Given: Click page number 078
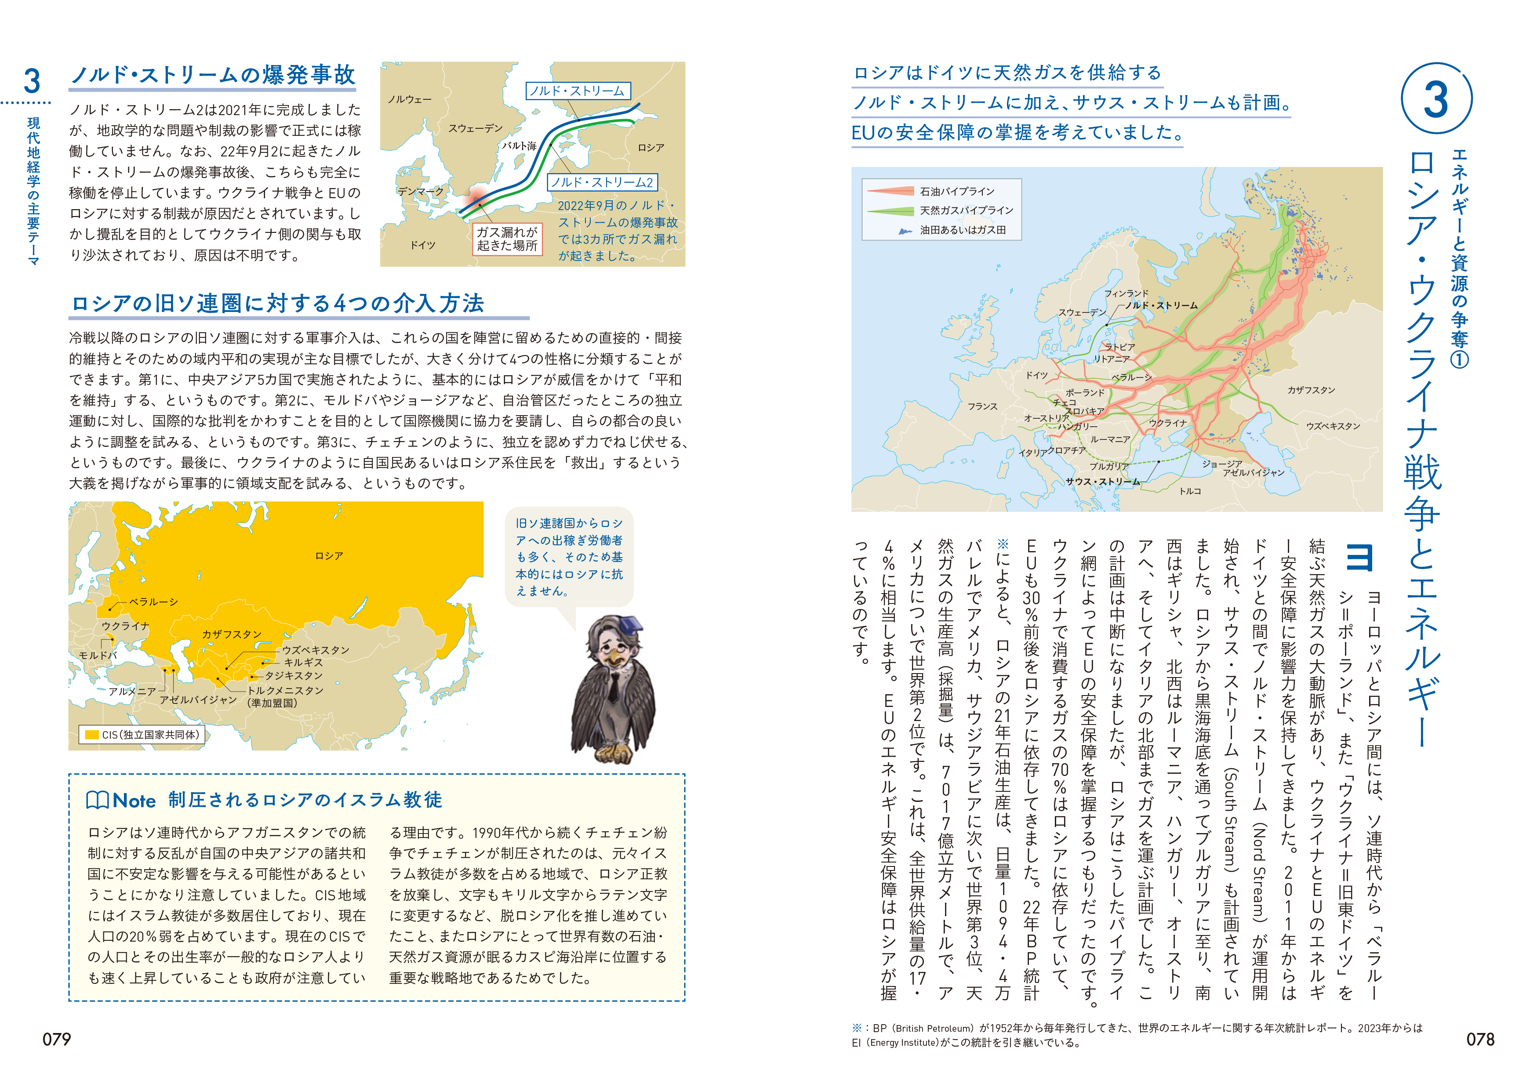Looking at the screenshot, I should (1480, 1039).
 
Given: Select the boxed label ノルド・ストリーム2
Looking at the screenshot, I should (602, 182).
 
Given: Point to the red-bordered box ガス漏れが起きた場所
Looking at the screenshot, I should (507, 239).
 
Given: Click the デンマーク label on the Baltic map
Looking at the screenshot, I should (421, 192).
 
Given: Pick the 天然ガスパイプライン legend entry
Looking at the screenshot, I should (966, 210).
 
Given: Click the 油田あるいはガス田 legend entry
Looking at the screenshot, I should (963, 230).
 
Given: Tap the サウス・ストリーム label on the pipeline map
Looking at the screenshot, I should (1103, 482).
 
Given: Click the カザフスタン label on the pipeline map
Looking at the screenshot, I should (1311, 390).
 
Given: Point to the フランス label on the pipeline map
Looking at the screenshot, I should (983, 406).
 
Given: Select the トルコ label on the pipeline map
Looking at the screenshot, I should (1190, 491).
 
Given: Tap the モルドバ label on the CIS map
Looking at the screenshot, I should (98, 655).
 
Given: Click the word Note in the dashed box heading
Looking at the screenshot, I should (134, 801).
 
